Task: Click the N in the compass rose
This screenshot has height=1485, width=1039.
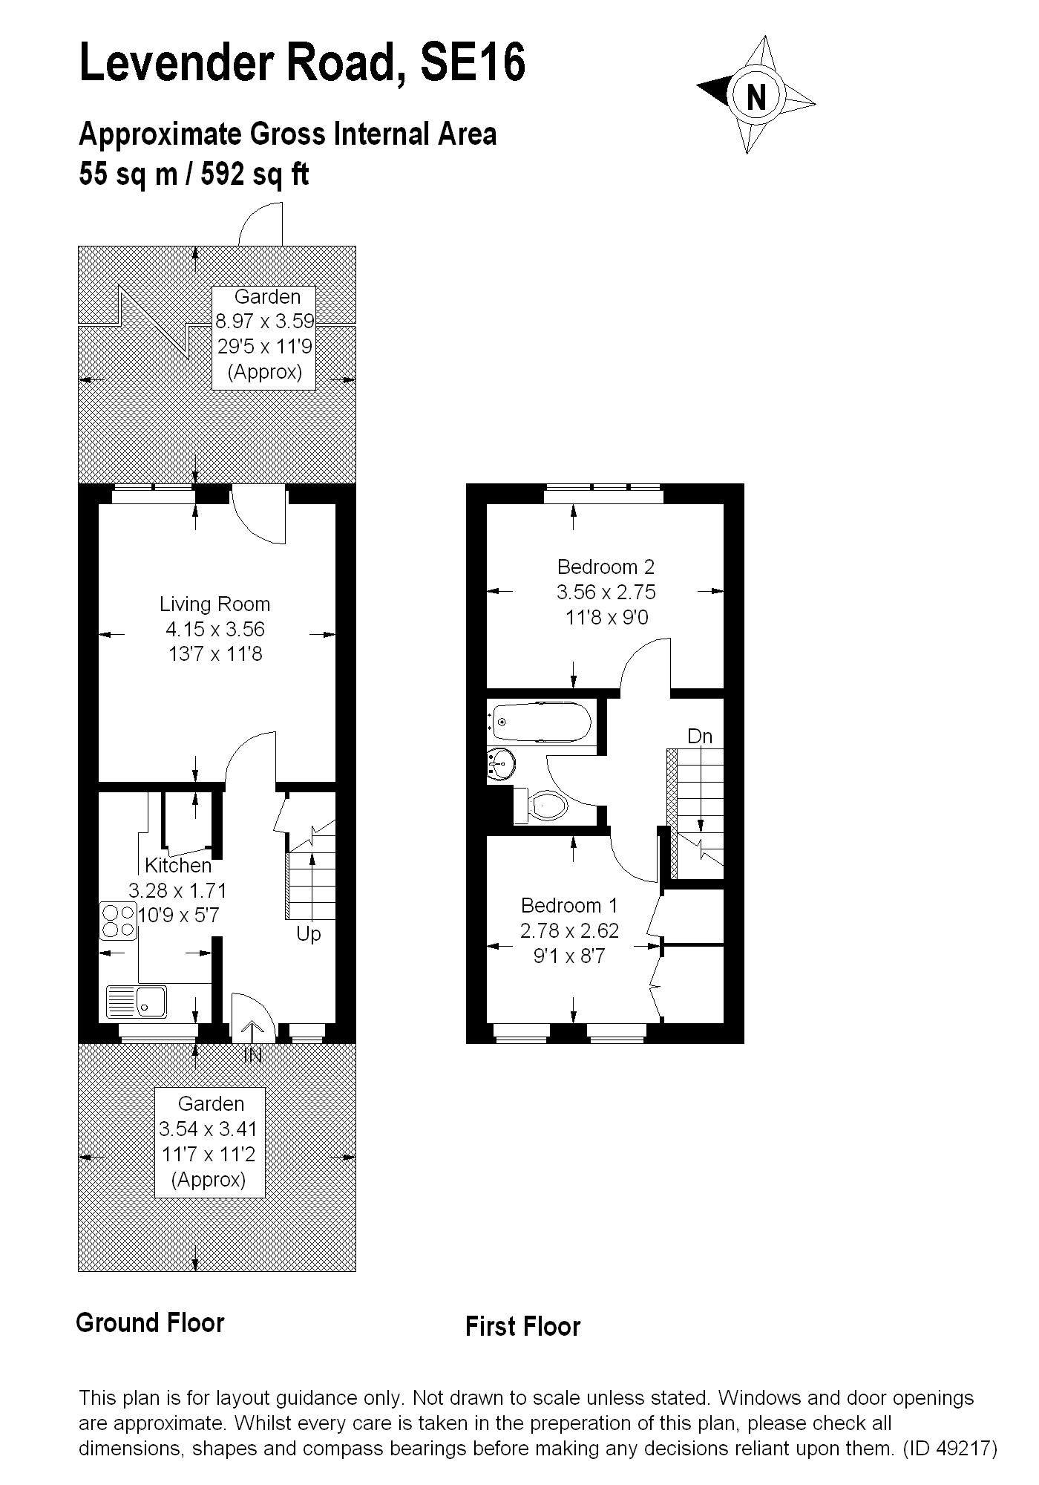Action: coord(756,96)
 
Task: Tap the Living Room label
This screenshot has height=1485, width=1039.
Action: coord(214,604)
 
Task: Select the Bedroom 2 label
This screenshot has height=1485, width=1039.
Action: coord(606,567)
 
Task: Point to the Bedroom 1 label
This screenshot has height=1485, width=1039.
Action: coord(569,906)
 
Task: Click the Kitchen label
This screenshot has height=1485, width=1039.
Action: coord(178,866)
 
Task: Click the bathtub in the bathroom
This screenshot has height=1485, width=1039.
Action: coord(541,721)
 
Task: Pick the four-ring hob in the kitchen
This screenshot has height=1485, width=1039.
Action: coord(118,921)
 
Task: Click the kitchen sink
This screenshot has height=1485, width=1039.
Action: coord(137,1002)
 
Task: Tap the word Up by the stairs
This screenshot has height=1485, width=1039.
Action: coord(309,934)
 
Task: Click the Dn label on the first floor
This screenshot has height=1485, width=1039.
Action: coord(700,737)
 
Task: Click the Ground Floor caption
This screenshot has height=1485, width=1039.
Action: coord(151,1323)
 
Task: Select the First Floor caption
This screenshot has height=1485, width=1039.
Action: coord(523,1327)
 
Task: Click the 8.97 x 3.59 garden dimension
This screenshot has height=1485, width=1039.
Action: coord(265,322)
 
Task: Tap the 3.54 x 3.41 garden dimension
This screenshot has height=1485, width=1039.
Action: coord(209,1129)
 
